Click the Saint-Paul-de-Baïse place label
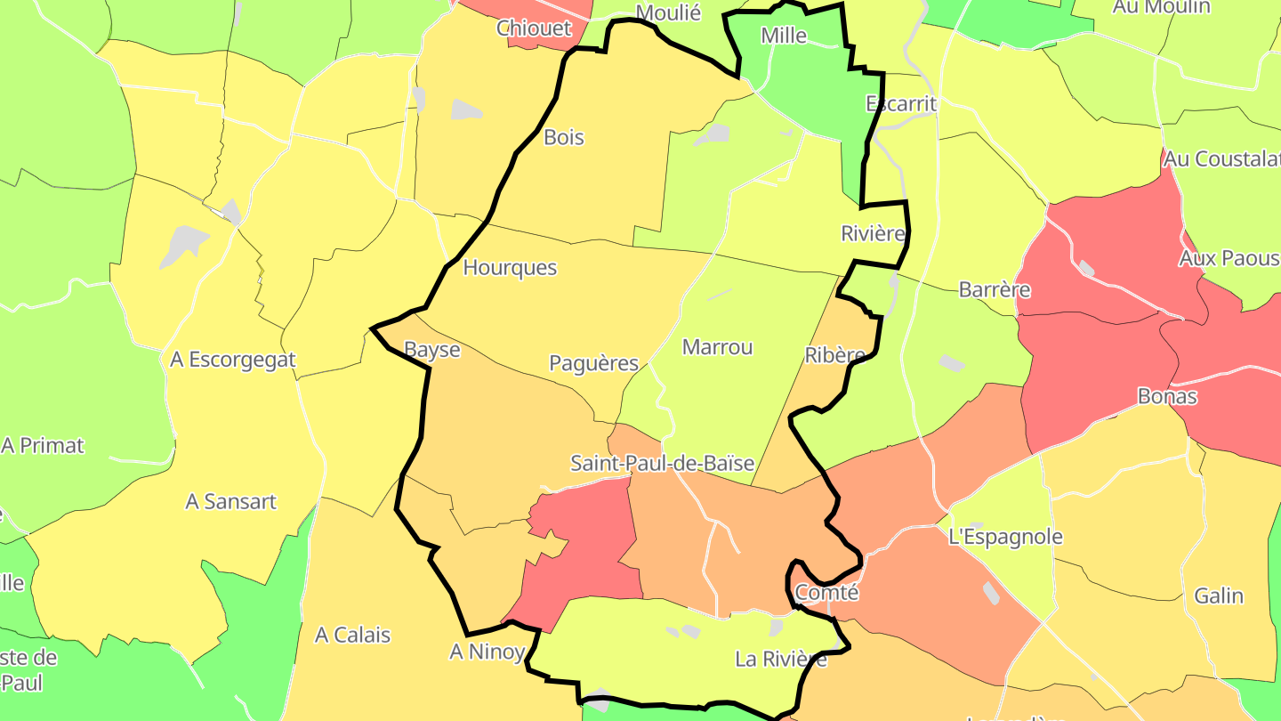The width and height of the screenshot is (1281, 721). click(662, 463)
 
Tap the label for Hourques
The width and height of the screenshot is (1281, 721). click(510, 267)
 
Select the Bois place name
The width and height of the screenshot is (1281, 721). click(564, 137)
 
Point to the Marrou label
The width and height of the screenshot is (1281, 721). click(717, 347)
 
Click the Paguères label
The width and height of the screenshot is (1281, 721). click(594, 362)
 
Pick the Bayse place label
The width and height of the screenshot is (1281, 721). click(432, 349)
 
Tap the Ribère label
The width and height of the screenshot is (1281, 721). click(834, 355)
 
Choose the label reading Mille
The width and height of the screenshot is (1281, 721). click(784, 36)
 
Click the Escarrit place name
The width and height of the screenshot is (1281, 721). click(901, 104)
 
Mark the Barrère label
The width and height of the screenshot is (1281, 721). click(995, 289)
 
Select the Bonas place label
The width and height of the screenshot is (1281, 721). click(1167, 396)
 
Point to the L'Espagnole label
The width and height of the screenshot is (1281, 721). click(1006, 537)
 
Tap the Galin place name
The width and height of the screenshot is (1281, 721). click(1219, 595)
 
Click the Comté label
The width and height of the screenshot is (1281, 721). click(826, 592)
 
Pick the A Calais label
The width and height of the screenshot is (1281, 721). click(353, 635)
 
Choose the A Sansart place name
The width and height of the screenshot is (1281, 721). click(231, 501)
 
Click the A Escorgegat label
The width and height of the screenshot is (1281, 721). click(233, 360)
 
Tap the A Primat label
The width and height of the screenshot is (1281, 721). click(43, 445)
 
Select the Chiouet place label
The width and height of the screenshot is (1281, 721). click(534, 28)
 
